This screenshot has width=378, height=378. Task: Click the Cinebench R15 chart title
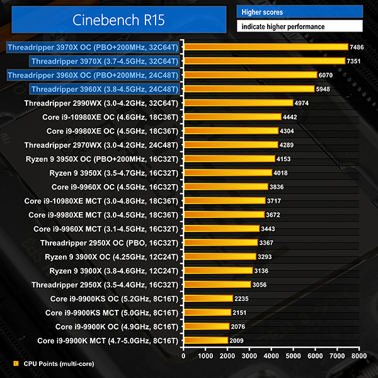click(x=118, y=20)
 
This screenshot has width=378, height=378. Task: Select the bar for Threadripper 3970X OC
click(x=265, y=47)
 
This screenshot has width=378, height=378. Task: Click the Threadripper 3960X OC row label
click(x=93, y=75)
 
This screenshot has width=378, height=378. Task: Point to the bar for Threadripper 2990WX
click(x=238, y=103)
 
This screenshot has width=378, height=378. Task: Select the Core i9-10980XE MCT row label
click(x=101, y=201)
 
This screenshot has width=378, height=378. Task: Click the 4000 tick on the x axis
click(x=272, y=356)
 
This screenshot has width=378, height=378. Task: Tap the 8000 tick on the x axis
click(x=359, y=356)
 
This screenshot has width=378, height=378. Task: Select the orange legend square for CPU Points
click(x=15, y=364)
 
